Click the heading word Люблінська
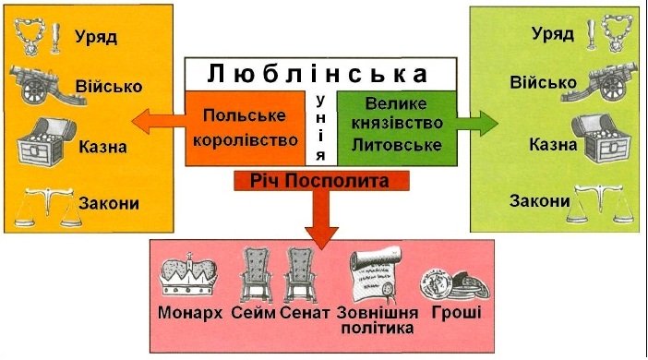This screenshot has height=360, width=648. point(319,73)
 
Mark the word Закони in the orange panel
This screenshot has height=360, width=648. point(109,202)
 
